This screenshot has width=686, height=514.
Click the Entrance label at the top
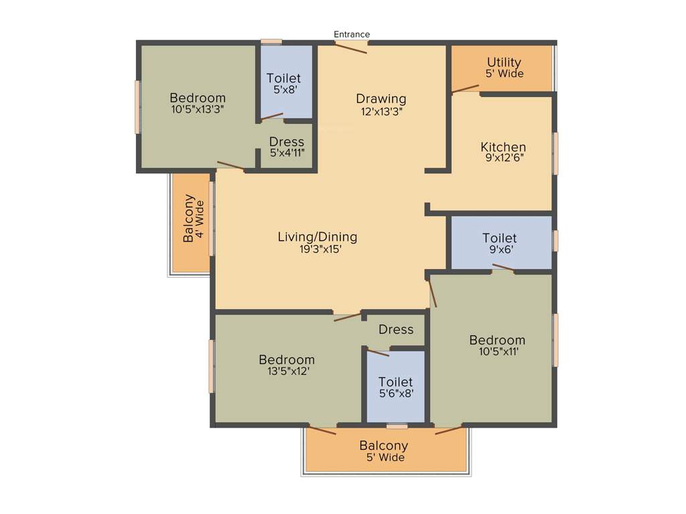coord(352,34)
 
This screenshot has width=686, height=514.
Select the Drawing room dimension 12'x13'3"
coord(381,112)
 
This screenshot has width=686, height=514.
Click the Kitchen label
coord(503,147)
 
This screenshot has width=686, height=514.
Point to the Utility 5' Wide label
coord(504,68)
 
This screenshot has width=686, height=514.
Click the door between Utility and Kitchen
coord(466,88)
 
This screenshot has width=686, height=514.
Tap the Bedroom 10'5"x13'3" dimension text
coord(197,109)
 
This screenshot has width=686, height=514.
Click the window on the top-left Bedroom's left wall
coord(137,107)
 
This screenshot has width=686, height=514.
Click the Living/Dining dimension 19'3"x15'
coord(317,249)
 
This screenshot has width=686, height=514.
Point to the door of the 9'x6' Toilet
coord(503,268)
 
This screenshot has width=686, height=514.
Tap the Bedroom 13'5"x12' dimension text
coord(286,371)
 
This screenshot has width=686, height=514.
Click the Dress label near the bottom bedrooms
coord(396,329)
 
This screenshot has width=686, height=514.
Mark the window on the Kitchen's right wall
coord(555,153)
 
